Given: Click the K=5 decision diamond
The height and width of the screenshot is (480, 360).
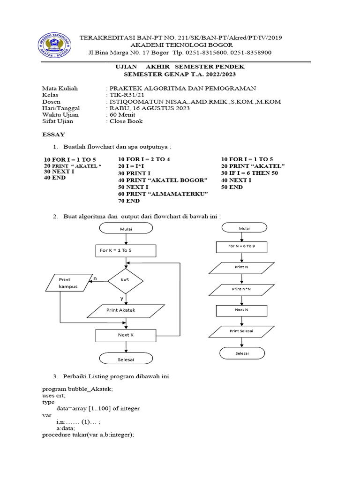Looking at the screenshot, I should tap(125, 280).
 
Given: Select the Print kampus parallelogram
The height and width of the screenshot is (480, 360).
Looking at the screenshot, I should tap(68, 283).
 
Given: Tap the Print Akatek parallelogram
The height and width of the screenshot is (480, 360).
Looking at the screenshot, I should tap(121, 310).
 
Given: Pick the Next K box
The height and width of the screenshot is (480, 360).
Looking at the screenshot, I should tap(125, 335).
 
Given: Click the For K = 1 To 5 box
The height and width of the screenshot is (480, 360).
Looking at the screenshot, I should tap(125, 250).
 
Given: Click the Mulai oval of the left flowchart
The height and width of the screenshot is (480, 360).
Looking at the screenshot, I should tap(125, 229).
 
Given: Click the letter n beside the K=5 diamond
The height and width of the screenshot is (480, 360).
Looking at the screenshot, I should tap(95, 278).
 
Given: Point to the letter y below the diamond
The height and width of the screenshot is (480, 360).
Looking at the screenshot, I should tap(122, 299).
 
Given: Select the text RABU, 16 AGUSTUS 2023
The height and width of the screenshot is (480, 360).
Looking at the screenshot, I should tap(150, 108).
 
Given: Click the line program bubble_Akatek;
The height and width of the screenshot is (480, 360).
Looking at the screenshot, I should tap(77, 389).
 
